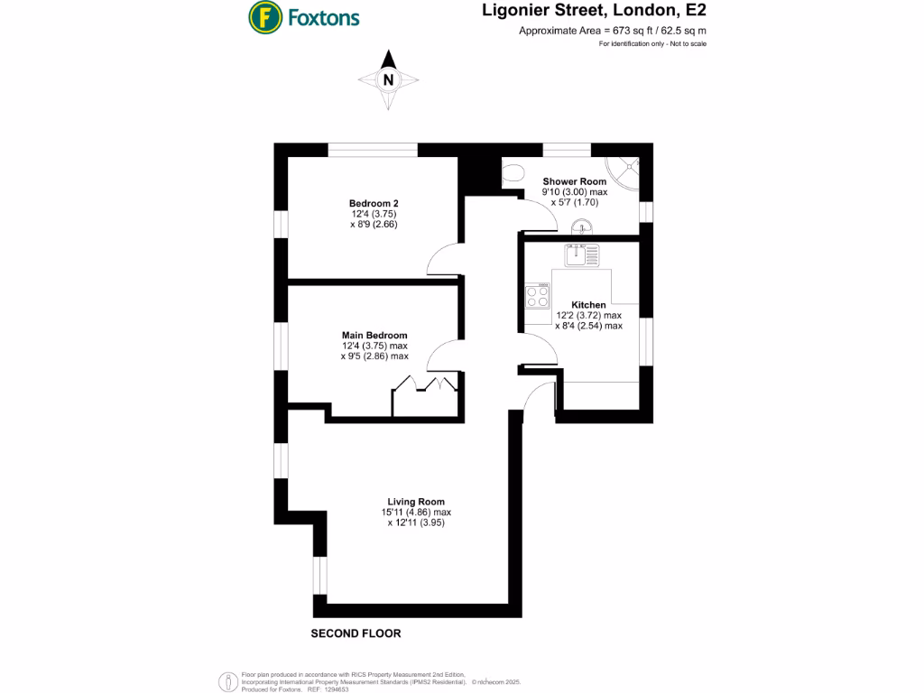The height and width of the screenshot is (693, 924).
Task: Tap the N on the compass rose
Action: point(389,79)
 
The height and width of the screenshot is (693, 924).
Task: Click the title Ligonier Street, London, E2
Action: point(603,12)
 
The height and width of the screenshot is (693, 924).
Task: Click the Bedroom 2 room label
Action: point(374,204)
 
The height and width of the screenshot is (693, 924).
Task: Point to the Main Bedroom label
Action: point(374,335)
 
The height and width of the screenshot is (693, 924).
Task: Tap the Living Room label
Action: point(416,502)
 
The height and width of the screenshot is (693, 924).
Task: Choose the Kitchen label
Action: point(588,305)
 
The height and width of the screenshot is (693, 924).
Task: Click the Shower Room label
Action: point(574,181)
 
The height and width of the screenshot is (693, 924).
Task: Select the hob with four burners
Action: point(538,296)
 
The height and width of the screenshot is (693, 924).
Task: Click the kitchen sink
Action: point(577,254)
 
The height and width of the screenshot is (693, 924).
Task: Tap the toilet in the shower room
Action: point(512,173)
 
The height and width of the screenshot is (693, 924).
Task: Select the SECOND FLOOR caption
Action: point(356,633)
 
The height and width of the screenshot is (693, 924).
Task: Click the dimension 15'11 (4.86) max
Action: point(416,513)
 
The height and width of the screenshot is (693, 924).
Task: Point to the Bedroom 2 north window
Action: point(372,150)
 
